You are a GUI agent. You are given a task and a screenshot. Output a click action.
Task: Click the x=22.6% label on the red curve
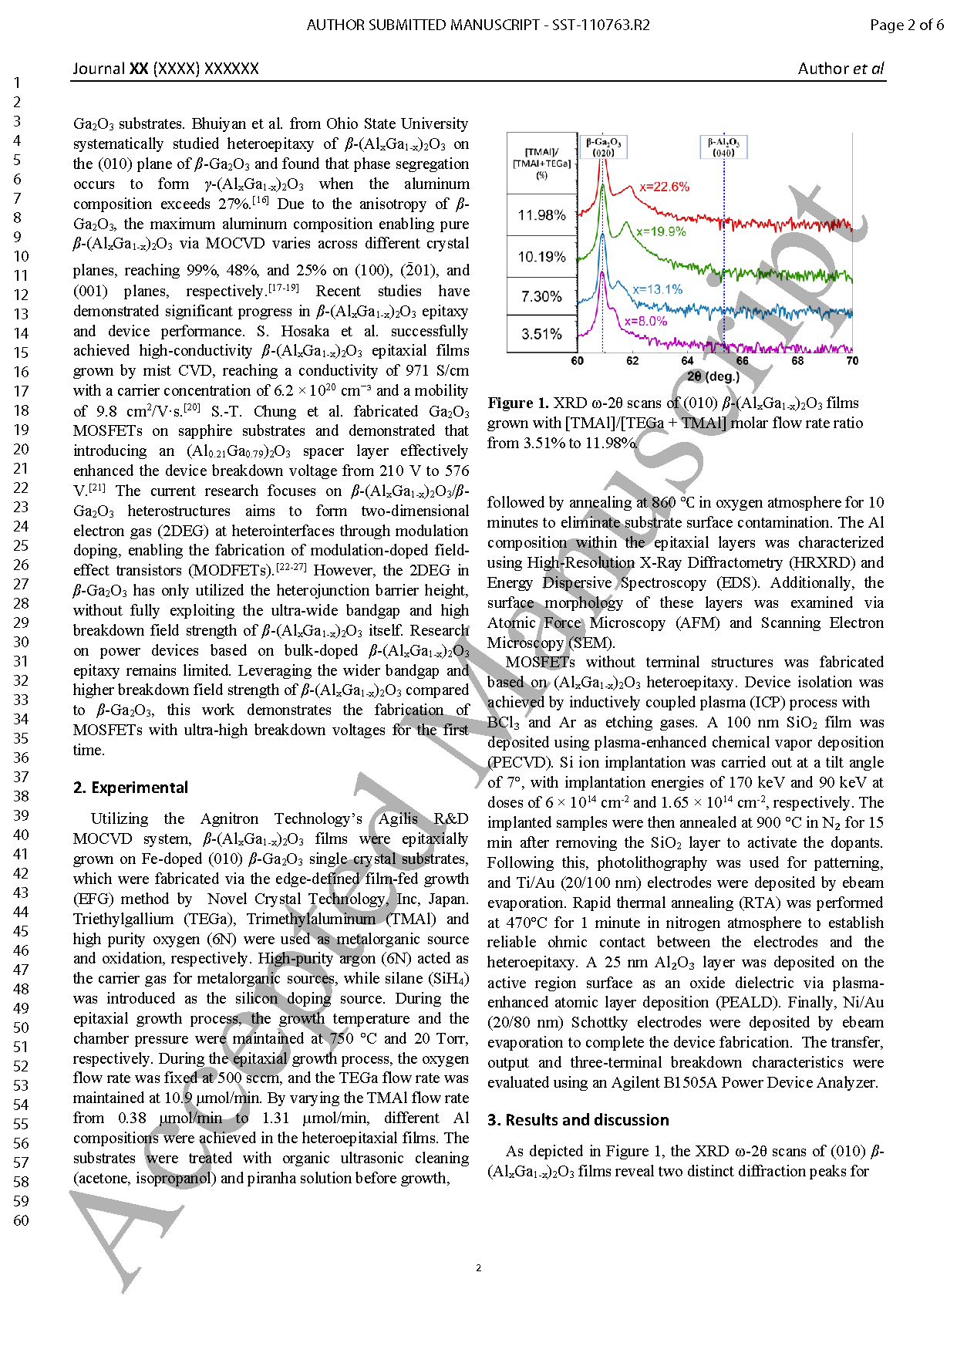(664, 187)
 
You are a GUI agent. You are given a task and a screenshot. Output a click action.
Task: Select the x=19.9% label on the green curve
(661, 231)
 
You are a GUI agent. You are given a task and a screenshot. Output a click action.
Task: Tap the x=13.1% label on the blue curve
(657, 289)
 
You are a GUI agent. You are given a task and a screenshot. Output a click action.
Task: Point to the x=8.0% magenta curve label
(645, 321)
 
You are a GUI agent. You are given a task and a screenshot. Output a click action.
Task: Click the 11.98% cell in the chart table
(541, 215)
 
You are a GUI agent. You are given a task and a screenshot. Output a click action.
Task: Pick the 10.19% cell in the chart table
(541, 257)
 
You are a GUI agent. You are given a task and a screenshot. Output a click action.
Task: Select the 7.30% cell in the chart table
(541, 296)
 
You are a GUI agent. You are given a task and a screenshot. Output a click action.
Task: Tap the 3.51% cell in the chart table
(541, 334)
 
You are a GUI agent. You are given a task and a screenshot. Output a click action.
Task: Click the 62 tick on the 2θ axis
(632, 360)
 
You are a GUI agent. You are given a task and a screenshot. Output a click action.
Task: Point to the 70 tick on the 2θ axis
(852, 360)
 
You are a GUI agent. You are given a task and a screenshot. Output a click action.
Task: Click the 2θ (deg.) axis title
(713, 376)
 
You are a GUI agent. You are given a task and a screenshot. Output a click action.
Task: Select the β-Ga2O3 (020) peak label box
(603, 147)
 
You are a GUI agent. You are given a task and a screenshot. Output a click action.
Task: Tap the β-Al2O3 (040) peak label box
(723, 147)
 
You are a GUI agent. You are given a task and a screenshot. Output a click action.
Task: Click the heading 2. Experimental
(130, 788)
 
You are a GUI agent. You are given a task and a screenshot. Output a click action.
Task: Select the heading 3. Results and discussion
(578, 1120)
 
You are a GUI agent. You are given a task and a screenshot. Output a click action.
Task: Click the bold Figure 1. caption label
(518, 403)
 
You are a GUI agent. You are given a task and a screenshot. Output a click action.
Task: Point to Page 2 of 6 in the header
(906, 25)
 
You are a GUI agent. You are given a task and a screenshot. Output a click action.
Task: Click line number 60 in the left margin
(21, 1220)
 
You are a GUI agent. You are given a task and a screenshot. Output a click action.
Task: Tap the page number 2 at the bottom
(478, 1267)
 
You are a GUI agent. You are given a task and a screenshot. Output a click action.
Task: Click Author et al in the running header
(841, 69)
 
